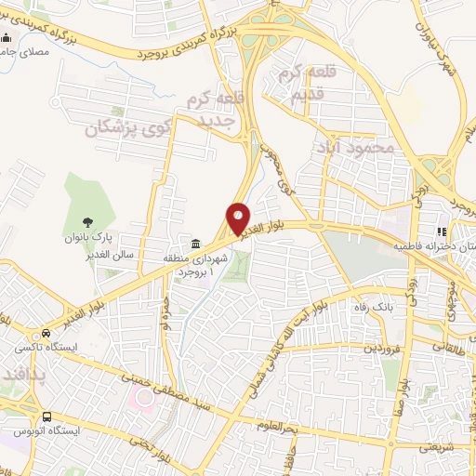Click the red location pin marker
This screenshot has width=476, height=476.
coord(238,218)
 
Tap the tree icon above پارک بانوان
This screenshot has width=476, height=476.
coord(87,221)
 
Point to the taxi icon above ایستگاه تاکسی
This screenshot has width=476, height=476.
coord(41,334)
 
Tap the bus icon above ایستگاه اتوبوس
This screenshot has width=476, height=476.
coord(46,416)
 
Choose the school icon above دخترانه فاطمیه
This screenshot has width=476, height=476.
coord(443,232)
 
